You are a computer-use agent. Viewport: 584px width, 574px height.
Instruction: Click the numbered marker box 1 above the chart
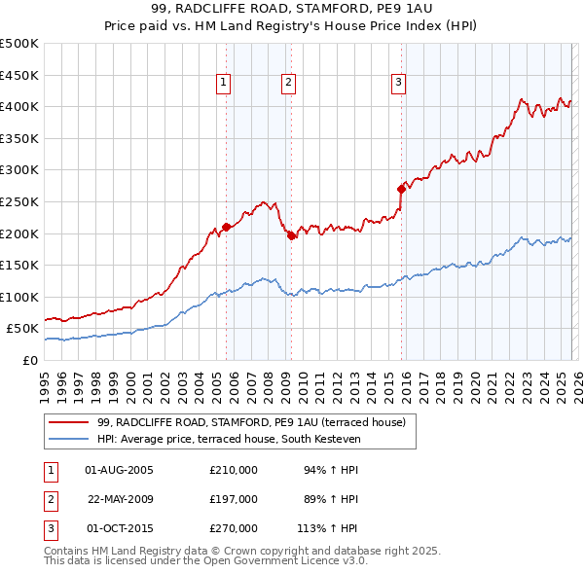[225, 84]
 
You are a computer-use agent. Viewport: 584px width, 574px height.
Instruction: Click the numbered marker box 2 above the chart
[290, 84]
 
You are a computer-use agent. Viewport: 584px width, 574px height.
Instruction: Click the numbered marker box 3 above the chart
[399, 84]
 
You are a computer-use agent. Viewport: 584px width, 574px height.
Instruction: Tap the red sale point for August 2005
[226, 227]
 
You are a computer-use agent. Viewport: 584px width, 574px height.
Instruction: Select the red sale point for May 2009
[291, 234]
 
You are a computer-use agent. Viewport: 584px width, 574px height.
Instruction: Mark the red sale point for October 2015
[401, 189]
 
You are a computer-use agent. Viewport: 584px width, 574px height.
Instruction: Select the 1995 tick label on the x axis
[45, 385]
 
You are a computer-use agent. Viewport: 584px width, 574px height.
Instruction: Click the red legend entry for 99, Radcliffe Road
[257, 422]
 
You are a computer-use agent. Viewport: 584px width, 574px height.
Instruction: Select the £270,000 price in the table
[234, 528]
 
